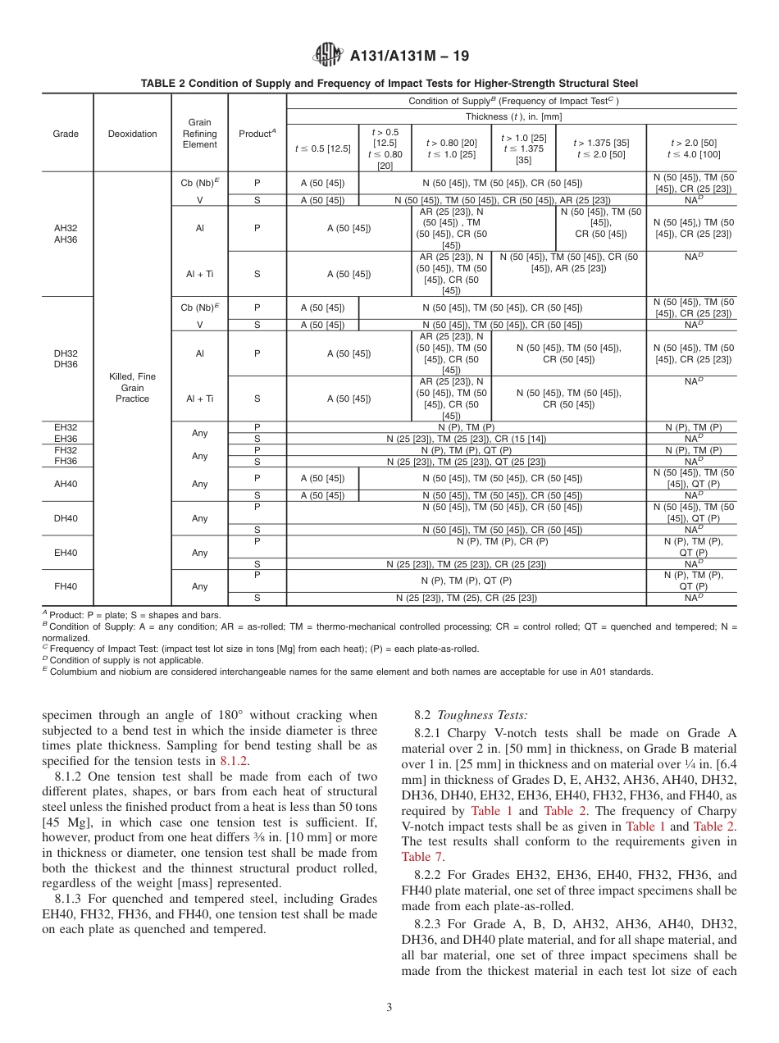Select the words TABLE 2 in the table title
tap(165, 84)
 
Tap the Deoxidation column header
tap(132, 134)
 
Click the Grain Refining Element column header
tap(200, 134)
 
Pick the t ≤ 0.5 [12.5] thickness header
tap(322, 148)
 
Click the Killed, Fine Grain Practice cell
tap(132, 387)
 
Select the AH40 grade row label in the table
tap(66, 484)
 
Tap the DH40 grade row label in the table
tap(66, 518)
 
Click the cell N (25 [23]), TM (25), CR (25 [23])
tap(466, 598)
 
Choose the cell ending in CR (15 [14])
tap(466, 439)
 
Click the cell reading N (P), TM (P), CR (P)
tap(466, 542)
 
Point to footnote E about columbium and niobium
tap(348, 672)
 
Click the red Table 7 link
tap(422, 857)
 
